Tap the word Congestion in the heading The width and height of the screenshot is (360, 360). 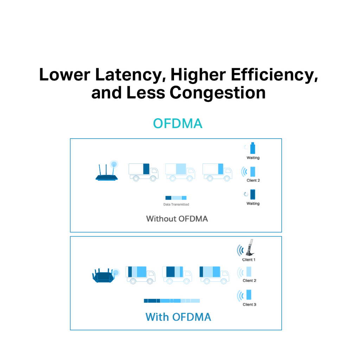tap(217, 93)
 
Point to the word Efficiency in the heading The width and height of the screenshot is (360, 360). tap(274, 75)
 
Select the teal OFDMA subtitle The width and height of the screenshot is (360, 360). tap(178, 123)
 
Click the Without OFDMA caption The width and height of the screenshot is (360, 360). tap(177, 219)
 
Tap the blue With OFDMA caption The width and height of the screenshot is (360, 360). tap(178, 317)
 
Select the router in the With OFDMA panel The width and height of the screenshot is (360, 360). tap(105, 275)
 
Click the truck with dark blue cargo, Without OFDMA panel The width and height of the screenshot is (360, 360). tap(143, 172)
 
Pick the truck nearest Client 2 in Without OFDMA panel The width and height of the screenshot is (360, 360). tap(217, 172)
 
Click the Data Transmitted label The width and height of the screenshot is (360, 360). tap(176, 204)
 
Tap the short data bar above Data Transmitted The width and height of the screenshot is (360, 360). tap(176, 198)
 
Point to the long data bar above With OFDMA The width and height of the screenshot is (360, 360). tap(172, 301)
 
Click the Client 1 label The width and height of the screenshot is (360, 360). tap(249, 260)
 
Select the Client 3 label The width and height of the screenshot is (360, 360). tap(249, 304)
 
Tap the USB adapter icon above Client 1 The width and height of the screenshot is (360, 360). tap(250, 248)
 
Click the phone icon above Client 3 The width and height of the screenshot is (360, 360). tap(249, 295)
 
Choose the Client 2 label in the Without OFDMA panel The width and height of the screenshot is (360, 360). tap(253, 180)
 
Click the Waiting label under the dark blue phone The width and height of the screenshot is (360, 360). tap(253, 204)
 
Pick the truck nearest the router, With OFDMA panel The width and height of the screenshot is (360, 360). tap(141, 275)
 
